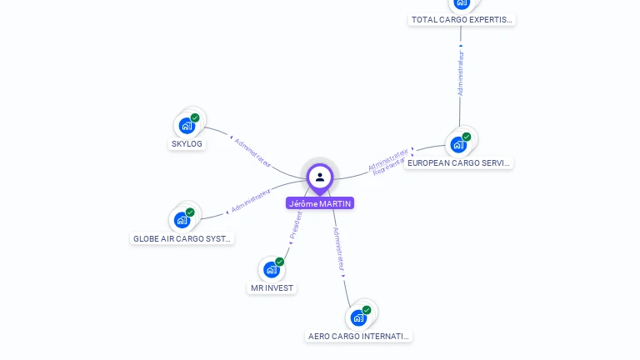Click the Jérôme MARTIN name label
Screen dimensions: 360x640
click(320, 203)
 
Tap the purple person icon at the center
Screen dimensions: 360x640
click(320, 177)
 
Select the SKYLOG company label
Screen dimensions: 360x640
click(187, 143)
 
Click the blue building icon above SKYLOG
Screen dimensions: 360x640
click(187, 126)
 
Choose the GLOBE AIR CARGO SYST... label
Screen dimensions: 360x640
click(183, 238)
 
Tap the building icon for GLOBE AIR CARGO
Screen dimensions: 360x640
click(182, 221)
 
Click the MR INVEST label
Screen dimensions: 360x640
click(272, 287)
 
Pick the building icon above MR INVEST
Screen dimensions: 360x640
click(271, 269)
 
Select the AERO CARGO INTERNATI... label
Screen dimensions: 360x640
click(359, 336)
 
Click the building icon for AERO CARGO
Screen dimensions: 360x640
click(358, 317)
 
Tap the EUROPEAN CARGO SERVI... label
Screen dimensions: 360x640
click(458, 162)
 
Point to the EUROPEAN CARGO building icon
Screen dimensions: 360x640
click(457, 144)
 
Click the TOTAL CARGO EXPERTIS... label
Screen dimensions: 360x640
click(462, 19)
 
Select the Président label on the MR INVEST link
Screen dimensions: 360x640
click(295, 226)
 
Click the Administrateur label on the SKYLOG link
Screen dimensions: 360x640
click(253, 153)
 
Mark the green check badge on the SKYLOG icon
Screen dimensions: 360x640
click(195, 118)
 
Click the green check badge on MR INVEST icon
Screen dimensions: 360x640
click(279, 262)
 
